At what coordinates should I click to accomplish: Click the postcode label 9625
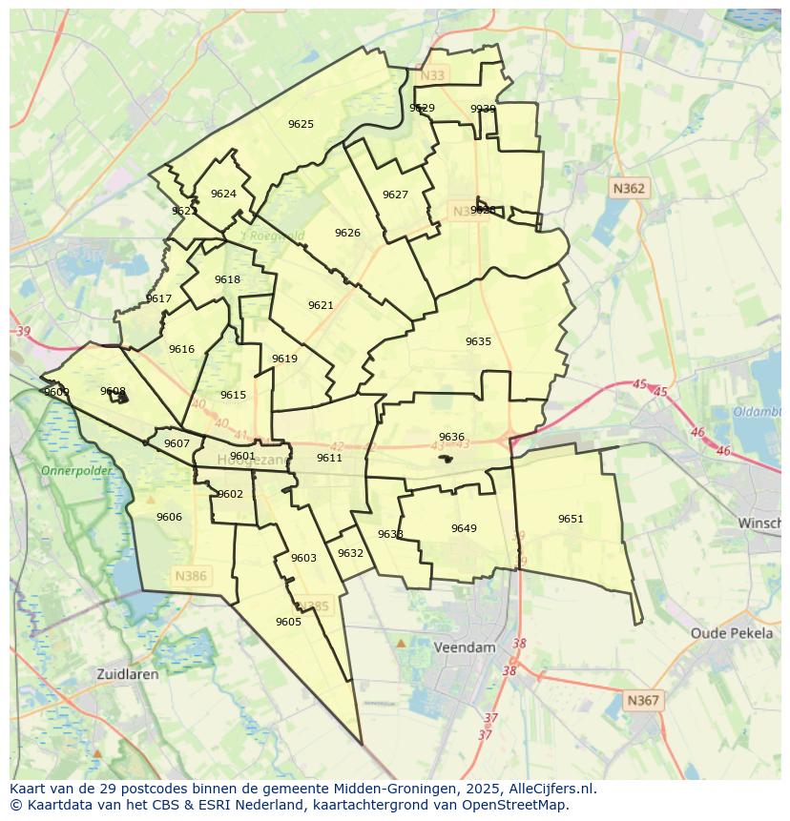pos(301,124)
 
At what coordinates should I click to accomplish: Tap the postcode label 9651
pos(571,519)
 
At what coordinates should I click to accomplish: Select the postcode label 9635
pos(478,341)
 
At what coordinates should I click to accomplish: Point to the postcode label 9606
pos(169,517)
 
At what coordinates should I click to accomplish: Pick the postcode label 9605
pos(288,622)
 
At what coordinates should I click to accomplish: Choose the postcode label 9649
pos(464,528)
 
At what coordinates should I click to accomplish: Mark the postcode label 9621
pos(321,305)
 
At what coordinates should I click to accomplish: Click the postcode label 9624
pos(223,194)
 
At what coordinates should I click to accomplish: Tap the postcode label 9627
pos(395,195)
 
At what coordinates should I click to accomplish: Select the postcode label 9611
pos(329,458)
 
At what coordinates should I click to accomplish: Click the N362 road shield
pos(629,189)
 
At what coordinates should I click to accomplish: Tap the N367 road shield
pos(643,700)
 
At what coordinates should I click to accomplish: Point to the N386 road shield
pos(191,577)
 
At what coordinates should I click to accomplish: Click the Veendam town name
pos(465,647)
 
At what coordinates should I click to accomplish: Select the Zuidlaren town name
pos(128,673)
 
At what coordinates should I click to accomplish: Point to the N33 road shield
pos(433,75)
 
